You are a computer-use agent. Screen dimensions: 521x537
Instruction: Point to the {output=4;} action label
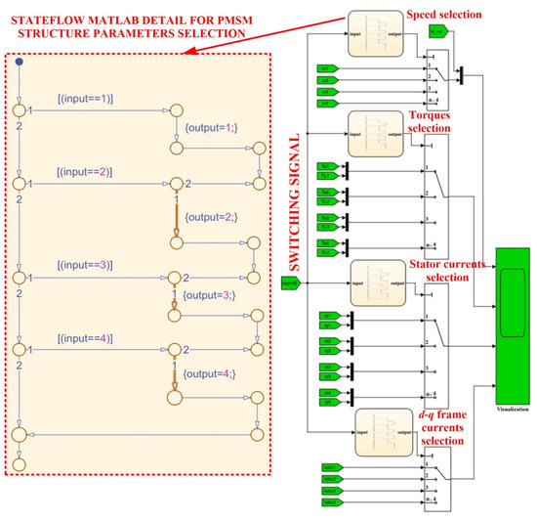209,372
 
